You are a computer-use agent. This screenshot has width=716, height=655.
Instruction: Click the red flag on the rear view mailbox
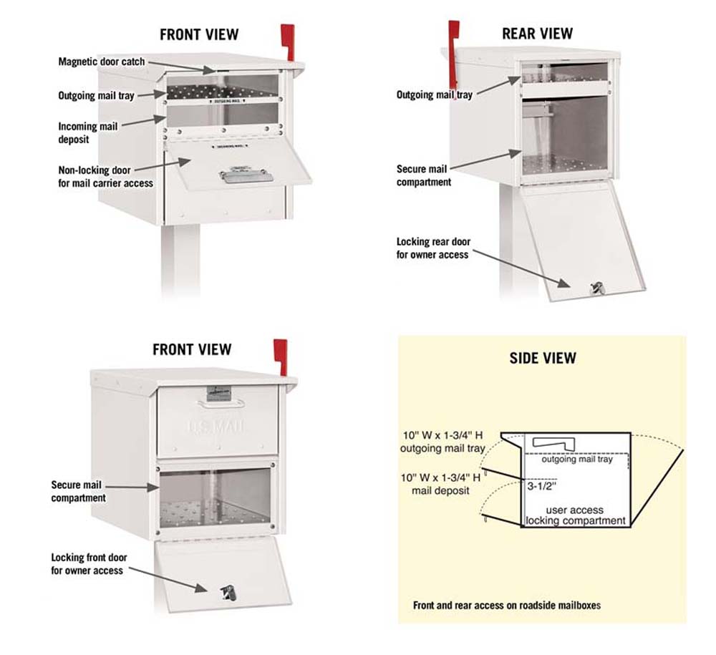pyautogui.click(x=453, y=40)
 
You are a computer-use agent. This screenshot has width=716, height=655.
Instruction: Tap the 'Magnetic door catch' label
pyautogui.click(x=101, y=62)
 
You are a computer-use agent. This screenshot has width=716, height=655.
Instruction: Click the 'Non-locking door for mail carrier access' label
pyautogui.click(x=105, y=177)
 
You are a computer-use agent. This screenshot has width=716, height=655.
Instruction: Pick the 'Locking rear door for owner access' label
pyautogui.click(x=433, y=248)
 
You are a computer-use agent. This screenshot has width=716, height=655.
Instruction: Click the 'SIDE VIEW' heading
pyautogui.click(x=543, y=358)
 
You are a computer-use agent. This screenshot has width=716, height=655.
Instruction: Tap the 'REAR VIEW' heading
pyautogui.click(x=537, y=34)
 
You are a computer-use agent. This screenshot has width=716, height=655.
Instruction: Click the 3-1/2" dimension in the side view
pyautogui.click(x=540, y=485)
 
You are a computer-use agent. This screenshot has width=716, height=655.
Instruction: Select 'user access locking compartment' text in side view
pyautogui.click(x=575, y=515)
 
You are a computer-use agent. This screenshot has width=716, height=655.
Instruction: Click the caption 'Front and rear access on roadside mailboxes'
pyautogui.click(x=507, y=606)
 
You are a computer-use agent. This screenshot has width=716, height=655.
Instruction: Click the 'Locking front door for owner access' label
pyautogui.click(x=87, y=564)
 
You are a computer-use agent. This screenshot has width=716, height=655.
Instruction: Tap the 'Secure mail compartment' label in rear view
pyautogui.click(x=424, y=175)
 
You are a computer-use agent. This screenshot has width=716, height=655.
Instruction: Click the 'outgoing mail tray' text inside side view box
pyautogui.click(x=577, y=460)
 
